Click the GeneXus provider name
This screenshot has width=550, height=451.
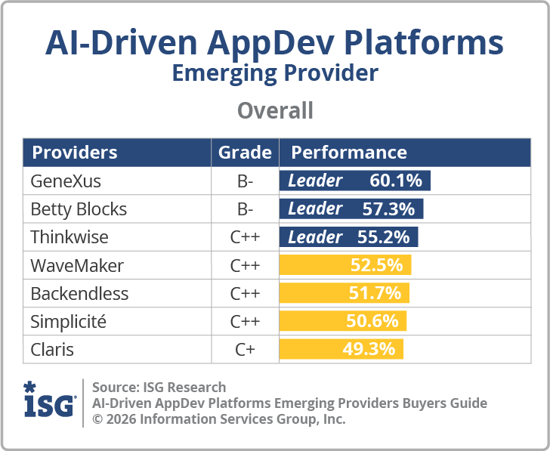[65, 181]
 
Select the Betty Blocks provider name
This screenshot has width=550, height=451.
[79, 209]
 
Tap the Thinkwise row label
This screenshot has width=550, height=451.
[70, 237]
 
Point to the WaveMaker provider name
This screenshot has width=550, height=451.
[77, 265]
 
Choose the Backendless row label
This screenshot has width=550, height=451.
[79, 293]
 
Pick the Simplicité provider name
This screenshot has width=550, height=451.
[69, 321]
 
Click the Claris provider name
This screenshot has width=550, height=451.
[52, 349]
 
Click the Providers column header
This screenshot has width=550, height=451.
[74, 153]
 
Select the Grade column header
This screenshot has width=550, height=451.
[245, 153]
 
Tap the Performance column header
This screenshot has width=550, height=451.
[349, 153]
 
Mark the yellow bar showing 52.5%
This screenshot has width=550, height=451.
[345, 265]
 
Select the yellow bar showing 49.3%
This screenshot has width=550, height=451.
[341, 349]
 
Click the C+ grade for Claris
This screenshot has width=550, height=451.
[245, 349]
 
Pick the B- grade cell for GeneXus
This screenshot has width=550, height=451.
[245, 181]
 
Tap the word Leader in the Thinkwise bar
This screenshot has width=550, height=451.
[315, 237]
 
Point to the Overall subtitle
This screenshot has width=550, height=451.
[275, 111]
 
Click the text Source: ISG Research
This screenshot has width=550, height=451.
[159, 388]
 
